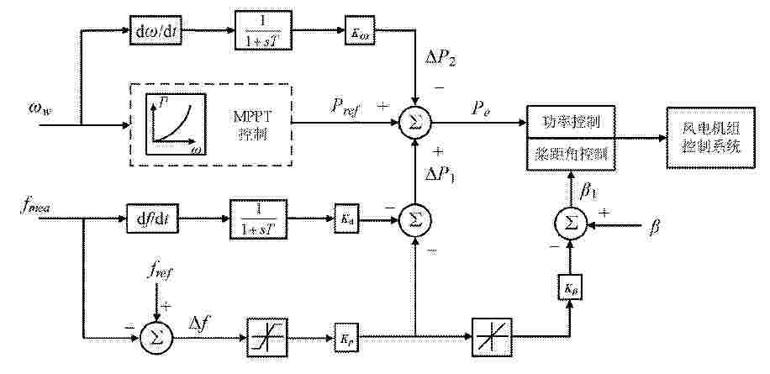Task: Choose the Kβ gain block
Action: tap(569, 287)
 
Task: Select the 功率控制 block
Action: tap(572, 123)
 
